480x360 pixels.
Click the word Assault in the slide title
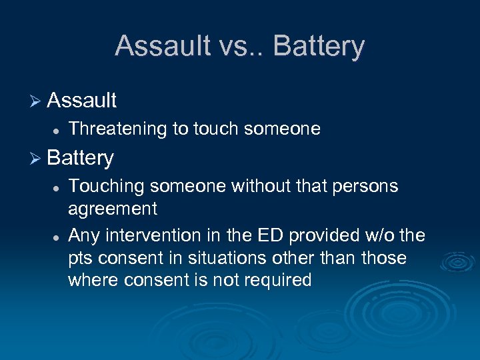(156, 46)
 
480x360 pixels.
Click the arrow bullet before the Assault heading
(36, 101)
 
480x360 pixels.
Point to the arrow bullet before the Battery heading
(36, 159)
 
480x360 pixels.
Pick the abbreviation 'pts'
(81, 259)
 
